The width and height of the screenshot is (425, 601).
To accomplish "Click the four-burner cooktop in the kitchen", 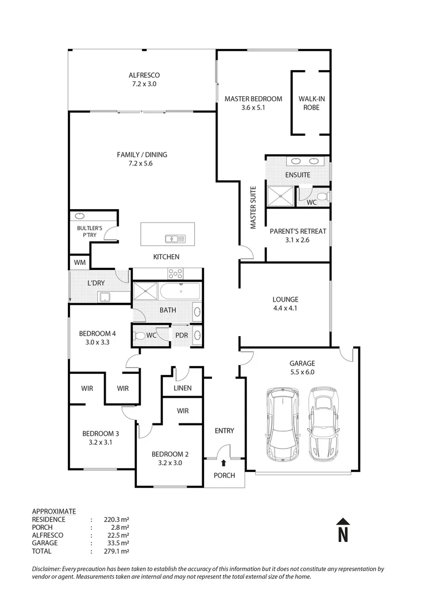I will tap(176, 273).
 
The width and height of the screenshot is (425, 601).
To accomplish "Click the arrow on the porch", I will tap(224, 462).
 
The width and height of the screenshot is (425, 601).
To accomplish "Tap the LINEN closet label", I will tap(182, 388).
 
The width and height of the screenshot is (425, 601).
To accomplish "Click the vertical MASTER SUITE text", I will tap(253, 208).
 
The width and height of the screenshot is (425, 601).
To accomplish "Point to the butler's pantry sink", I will tap(79, 215).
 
